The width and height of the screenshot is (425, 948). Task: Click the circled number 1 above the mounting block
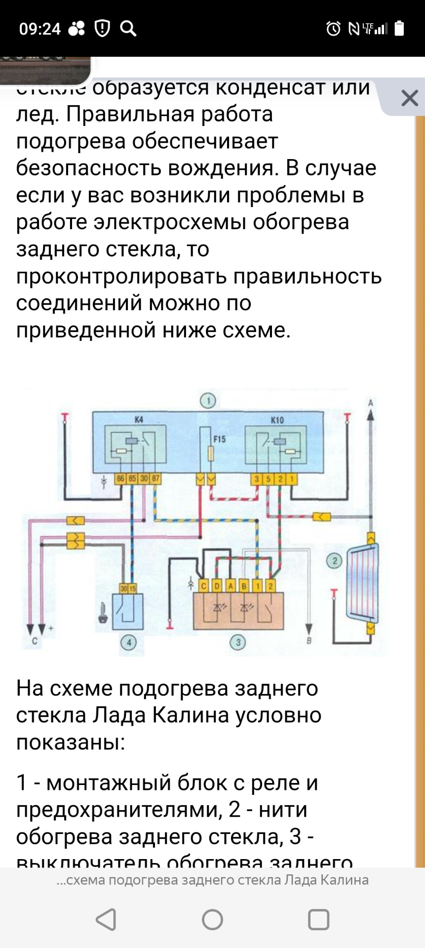(x=208, y=400)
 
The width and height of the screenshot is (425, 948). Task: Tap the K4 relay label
(x=139, y=419)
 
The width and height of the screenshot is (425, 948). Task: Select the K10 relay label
(x=277, y=420)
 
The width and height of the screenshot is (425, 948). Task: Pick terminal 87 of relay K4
(x=155, y=478)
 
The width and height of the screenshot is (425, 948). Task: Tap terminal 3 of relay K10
(x=257, y=478)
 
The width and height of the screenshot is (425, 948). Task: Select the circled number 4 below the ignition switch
(x=129, y=642)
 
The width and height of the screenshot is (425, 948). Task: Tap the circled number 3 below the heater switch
(x=238, y=642)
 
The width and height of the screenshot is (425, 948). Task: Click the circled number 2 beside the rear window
(x=335, y=561)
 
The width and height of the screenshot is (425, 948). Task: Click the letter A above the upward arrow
(x=370, y=403)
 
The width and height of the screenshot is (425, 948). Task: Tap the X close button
(x=410, y=98)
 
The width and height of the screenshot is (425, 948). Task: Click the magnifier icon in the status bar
(x=128, y=29)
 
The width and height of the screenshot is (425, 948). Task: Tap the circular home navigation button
(x=213, y=919)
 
